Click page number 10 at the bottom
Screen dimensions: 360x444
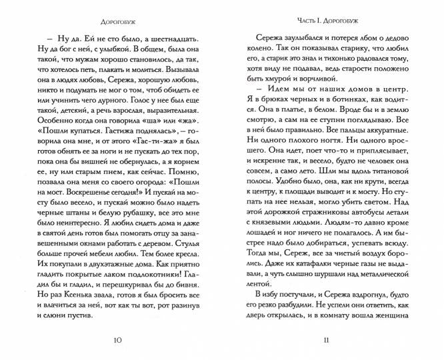click(x=118, y=341)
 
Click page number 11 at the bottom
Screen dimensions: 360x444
click(x=326, y=341)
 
